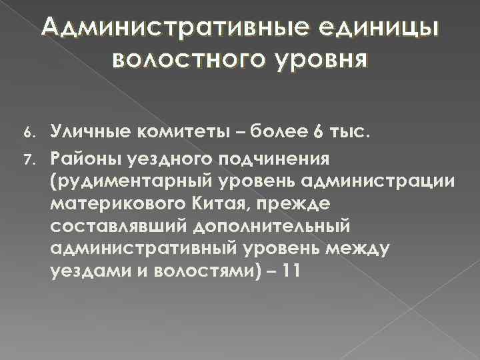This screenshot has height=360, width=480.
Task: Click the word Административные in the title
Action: click(x=148, y=28)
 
